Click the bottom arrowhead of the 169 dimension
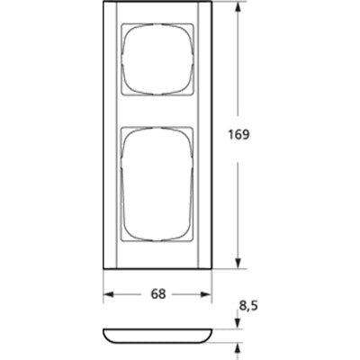tap(238, 264)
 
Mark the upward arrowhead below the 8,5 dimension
tap(238, 345)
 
